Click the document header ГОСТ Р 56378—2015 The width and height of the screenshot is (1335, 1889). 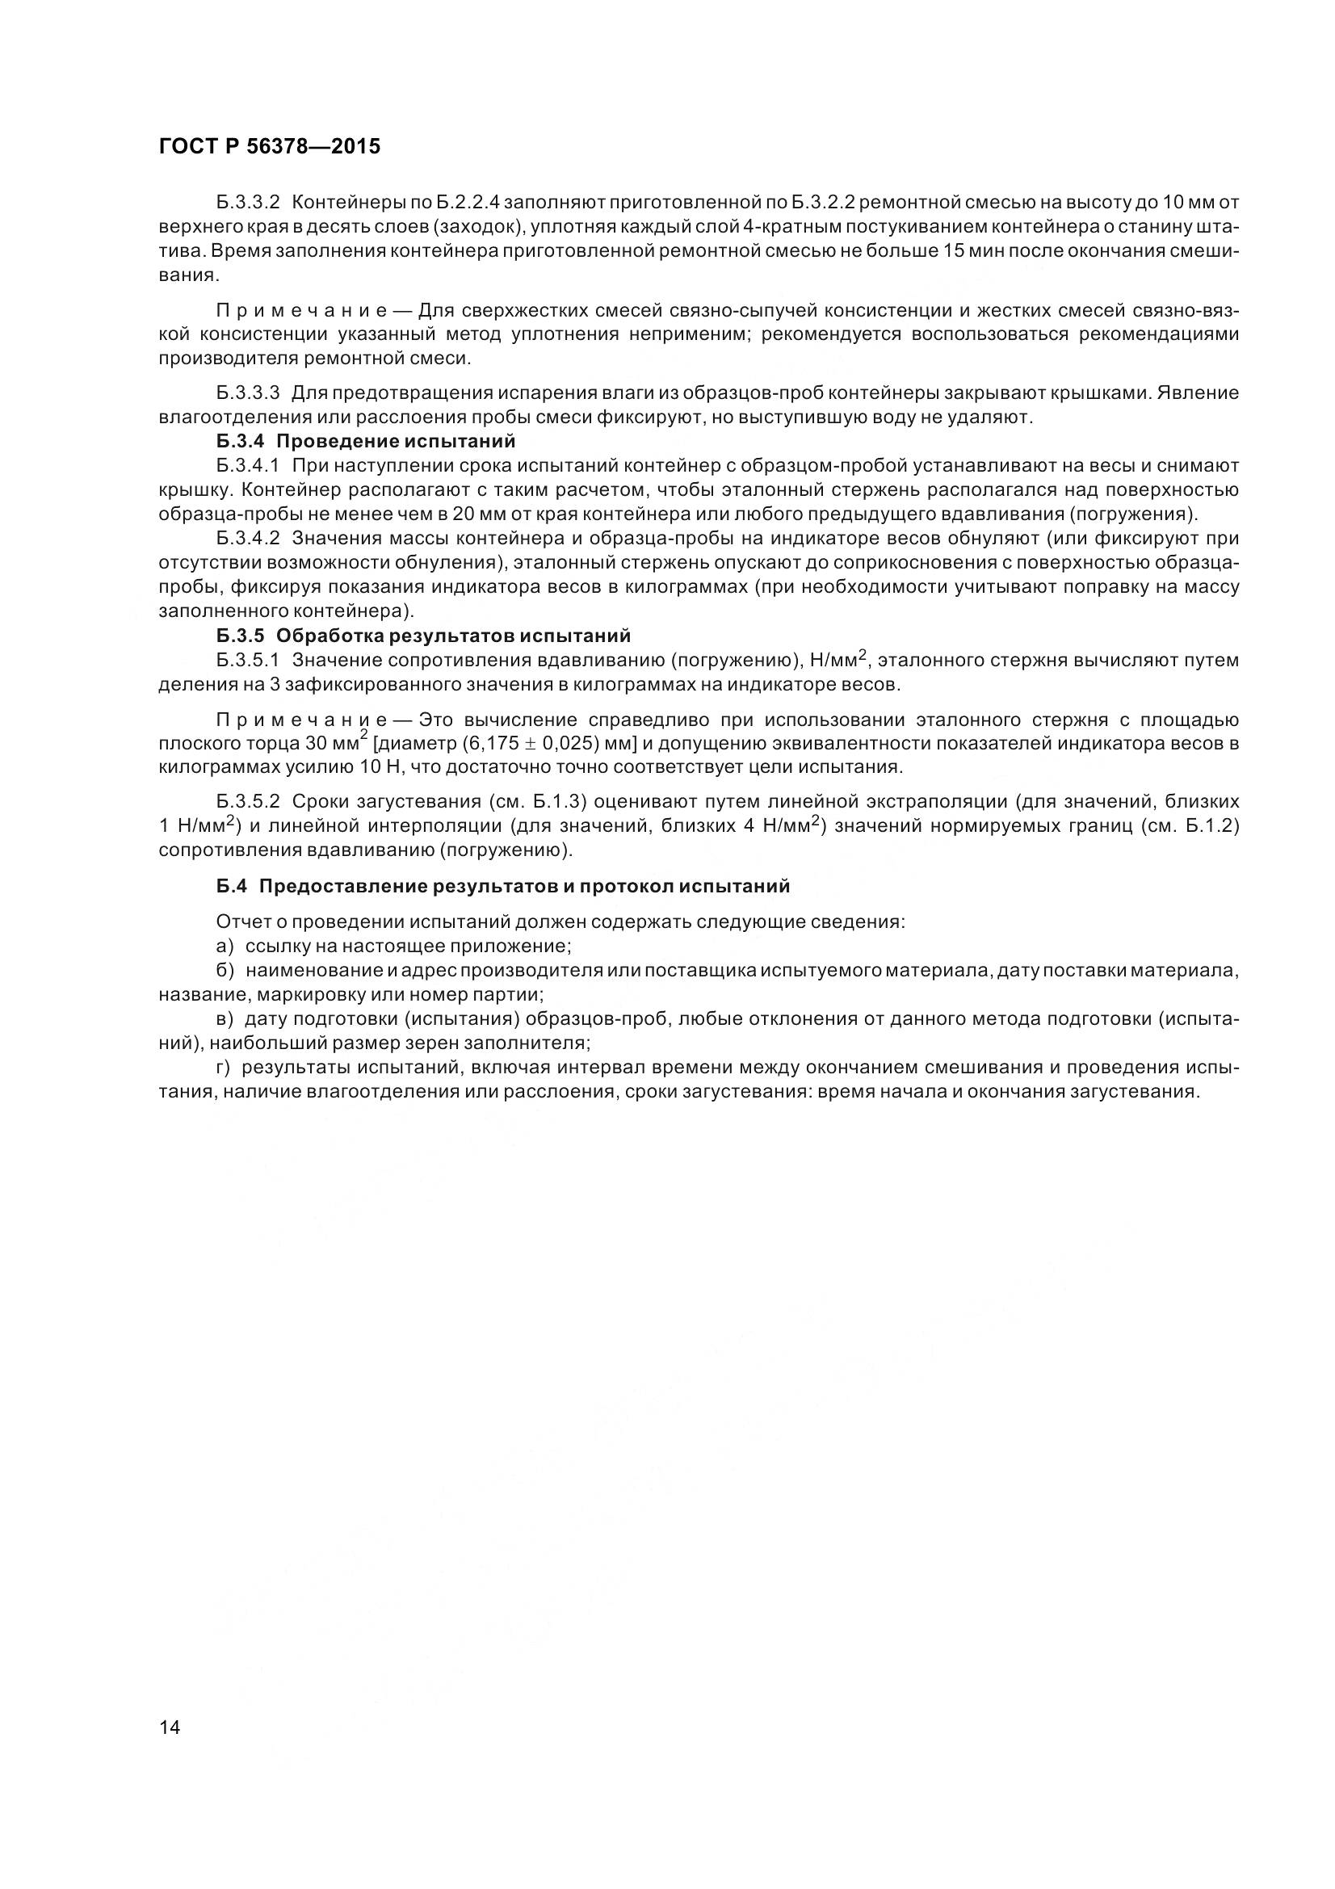269,146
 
